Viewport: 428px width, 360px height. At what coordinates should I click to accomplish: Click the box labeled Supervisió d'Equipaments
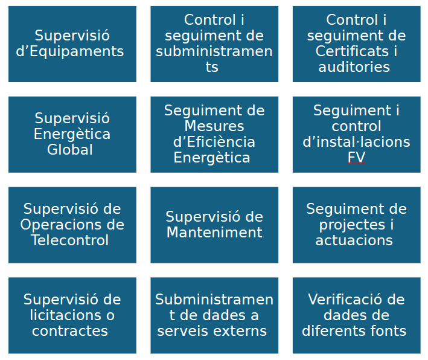click(x=72, y=43)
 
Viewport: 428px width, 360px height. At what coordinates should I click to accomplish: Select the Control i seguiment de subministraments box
click(x=214, y=43)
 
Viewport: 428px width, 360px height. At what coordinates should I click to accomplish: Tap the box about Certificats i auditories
click(x=356, y=43)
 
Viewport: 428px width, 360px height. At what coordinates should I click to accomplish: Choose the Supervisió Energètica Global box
click(x=72, y=134)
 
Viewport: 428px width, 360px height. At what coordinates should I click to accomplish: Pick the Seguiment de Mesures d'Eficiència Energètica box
click(x=214, y=134)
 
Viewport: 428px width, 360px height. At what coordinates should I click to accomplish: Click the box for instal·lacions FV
click(x=356, y=134)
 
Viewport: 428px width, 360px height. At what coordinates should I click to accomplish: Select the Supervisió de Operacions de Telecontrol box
click(x=72, y=225)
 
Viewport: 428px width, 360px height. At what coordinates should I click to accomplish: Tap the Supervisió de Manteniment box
click(x=214, y=225)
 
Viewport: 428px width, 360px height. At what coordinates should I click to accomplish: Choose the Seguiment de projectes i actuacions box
click(x=356, y=225)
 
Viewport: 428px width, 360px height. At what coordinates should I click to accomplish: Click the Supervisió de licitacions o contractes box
click(x=72, y=315)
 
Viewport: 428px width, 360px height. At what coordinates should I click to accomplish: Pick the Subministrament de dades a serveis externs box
click(x=214, y=315)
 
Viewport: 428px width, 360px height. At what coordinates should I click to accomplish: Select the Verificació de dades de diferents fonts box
click(x=356, y=315)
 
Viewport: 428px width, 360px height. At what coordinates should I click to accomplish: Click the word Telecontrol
click(x=71, y=240)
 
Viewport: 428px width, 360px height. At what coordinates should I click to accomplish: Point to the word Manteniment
click(x=214, y=233)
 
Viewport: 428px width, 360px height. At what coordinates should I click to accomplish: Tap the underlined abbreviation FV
click(x=356, y=158)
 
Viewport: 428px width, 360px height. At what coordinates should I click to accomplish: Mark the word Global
click(x=70, y=150)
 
